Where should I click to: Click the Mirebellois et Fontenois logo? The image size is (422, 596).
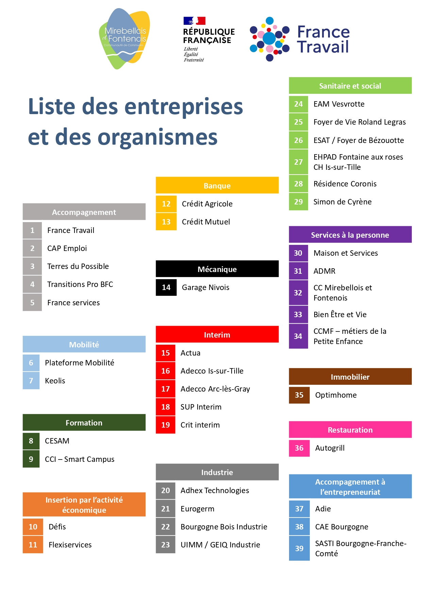[125, 39]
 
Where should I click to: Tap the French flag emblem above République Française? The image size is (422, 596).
[194, 21]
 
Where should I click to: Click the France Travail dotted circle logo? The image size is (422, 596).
[269, 39]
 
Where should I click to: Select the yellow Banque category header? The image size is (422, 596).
[217, 185]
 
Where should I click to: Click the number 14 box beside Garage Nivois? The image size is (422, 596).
[166, 287]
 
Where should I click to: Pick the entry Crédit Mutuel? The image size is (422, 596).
[206, 222]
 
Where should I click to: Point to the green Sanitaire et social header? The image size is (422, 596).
[350, 86]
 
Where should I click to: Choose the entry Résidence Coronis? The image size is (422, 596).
[345, 184]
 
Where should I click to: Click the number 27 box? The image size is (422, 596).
[298, 162]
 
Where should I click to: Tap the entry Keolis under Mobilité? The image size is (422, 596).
[55, 381]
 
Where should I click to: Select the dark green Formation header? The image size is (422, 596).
[84, 423]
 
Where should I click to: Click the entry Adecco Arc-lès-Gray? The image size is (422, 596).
[215, 389]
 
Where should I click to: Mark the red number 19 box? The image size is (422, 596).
[165, 425]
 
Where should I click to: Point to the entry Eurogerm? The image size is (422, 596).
[197, 509]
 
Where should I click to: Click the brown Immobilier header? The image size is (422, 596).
[350, 377]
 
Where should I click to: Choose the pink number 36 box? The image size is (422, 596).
[299, 448]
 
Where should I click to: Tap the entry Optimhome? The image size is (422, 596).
[336, 395]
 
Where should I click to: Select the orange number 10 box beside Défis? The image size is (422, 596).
[33, 527]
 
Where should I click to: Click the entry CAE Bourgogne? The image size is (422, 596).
[341, 527]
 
